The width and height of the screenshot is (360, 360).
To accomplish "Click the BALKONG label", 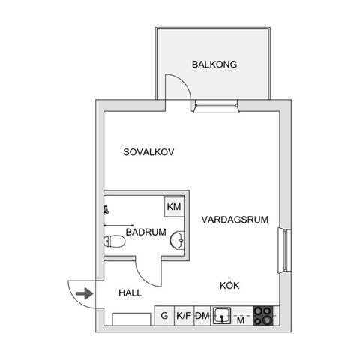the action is (214, 64).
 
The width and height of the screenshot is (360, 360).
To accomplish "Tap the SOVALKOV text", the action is (148, 152).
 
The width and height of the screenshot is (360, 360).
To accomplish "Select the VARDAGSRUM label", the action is (235, 220).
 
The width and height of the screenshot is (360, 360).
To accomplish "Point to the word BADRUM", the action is (146, 232).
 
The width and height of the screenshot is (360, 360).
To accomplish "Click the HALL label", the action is (130, 292).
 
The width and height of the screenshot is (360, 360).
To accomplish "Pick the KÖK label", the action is (229, 285).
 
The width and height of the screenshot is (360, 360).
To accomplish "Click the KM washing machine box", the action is (174, 207).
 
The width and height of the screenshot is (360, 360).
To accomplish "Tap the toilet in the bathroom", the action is (114, 241).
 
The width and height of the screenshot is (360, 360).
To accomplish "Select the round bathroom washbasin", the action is (177, 240).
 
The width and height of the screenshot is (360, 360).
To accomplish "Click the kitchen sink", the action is (222, 316).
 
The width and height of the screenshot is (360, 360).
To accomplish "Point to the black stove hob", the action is (263, 316).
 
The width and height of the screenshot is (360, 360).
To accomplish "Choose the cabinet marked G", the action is (164, 316).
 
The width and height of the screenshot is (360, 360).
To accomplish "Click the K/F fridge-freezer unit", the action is (184, 316).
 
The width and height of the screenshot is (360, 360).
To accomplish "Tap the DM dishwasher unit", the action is (202, 316).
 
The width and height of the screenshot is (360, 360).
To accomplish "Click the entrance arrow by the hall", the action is (85, 293).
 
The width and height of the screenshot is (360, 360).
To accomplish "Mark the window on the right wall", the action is (285, 250).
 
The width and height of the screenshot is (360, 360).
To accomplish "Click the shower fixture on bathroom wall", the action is (106, 210).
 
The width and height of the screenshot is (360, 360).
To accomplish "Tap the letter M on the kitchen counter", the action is (241, 320).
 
